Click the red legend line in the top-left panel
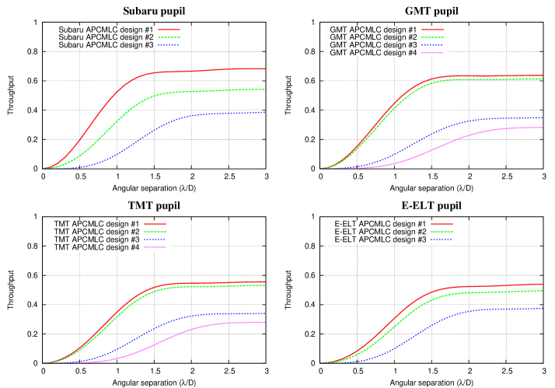169,30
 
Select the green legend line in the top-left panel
169,37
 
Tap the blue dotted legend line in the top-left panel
169,45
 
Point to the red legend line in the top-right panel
432,30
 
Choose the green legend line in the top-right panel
432,37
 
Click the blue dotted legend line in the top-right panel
432,45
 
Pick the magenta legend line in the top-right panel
432,53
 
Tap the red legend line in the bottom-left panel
155,224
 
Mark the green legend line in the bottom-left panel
155,232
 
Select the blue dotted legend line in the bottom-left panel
155,239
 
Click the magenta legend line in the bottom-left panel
155,247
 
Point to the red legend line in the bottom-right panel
442,224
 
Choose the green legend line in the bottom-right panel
442,232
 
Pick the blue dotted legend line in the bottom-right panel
442,239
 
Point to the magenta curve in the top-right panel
466,137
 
